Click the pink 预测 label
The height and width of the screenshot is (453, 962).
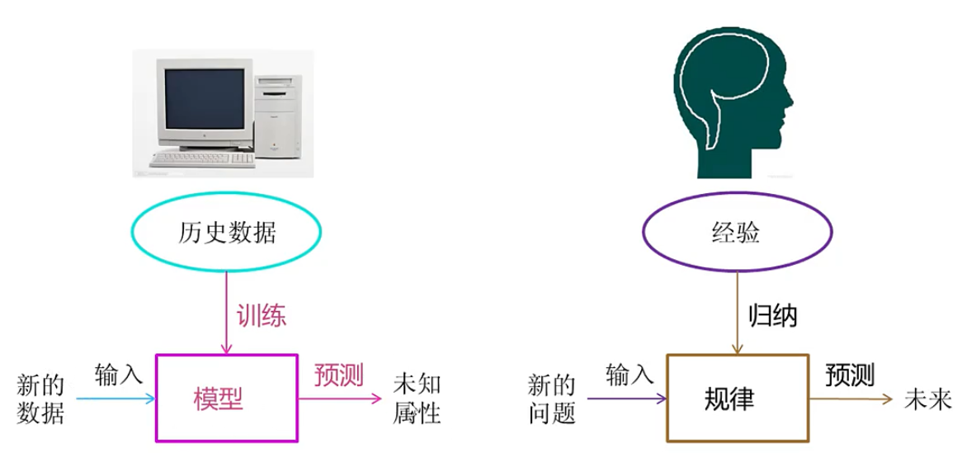tap(339, 375)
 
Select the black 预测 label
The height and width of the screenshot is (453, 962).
tap(850, 375)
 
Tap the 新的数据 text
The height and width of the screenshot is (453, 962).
tap(40, 399)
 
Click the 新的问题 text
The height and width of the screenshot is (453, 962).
tap(552, 399)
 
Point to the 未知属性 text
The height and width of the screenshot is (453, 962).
tap(417, 399)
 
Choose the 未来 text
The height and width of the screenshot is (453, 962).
tap(927, 400)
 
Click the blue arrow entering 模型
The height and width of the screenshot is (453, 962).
tap(116, 399)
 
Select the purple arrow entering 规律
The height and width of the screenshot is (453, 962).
tap(626, 399)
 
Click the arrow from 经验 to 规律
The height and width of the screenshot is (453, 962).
tap(737, 313)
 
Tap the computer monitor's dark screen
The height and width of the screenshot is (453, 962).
tap(205, 99)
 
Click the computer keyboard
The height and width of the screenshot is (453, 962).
tap(202, 159)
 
